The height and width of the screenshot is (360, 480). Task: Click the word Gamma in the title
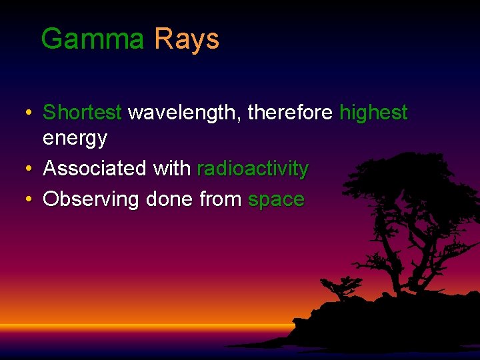pos(92,39)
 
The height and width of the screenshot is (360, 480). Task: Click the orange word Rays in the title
pos(186,39)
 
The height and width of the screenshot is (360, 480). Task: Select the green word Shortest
pos(82,113)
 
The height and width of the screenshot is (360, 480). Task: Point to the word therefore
pos(289,113)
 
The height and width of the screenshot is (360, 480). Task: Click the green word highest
pos(373,113)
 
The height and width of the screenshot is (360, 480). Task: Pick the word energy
pos(75,139)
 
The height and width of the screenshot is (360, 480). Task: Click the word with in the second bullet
pos(172,169)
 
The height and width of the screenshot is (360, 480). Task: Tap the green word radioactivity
pos(253,169)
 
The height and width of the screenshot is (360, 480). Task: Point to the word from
pos(221,199)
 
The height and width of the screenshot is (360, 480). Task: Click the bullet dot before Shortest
pos(27,113)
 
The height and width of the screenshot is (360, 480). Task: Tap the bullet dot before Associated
pos(27,169)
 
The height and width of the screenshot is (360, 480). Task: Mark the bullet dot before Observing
pos(27,199)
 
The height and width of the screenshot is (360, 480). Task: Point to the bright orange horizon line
pos(133,326)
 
